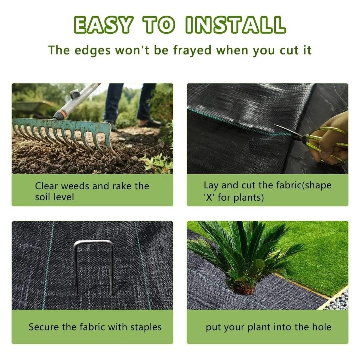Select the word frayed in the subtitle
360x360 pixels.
point(192,50)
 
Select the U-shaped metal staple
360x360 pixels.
point(93,267)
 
